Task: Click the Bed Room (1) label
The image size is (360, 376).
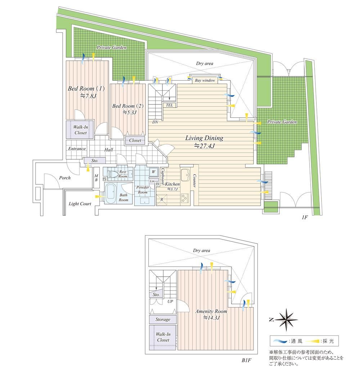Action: coord(86,89)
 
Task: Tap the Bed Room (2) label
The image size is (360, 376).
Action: coord(128,106)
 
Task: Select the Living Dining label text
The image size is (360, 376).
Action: coord(204,138)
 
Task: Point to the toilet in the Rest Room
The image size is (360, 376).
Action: coord(113,174)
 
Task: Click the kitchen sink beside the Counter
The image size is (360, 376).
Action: coord(185,175)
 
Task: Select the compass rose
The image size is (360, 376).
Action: coord(286,320)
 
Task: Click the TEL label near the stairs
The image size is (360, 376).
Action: coord(170,105)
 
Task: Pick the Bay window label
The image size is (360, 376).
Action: coord(205,80)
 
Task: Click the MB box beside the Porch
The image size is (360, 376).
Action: coord(96,178)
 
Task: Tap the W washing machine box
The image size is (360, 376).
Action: coord(153,172)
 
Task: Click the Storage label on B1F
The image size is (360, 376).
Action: coord(163,319)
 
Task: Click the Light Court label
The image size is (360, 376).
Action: coord(80,204)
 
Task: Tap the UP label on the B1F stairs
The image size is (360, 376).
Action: coord(170,301)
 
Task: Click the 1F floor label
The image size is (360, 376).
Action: coord(305,218)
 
